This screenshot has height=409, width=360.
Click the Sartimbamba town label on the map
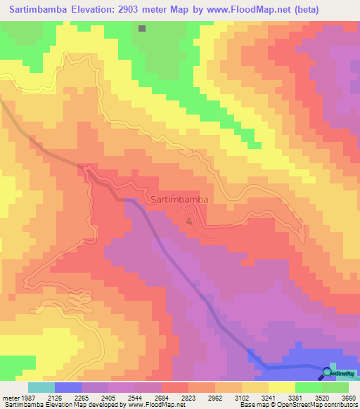click(179, 200)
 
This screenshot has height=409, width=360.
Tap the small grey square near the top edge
click(142, 29)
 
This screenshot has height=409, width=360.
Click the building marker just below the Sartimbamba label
click(188, 222)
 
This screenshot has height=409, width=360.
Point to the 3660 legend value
click(349, 398)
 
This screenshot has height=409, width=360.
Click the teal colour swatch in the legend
click(41, 387)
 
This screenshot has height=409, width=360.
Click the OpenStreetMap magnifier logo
click(328, 372)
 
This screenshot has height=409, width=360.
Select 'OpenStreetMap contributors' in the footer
click(320, 405)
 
